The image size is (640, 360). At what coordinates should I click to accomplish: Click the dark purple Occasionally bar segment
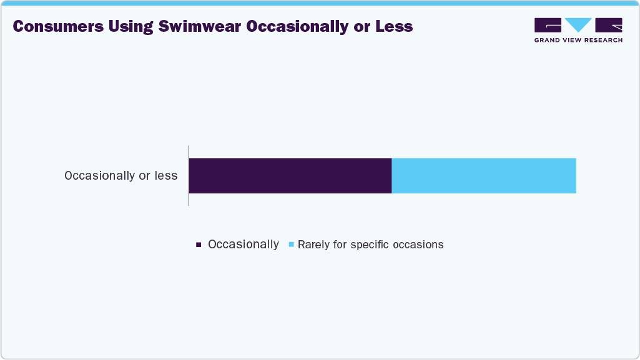(290, 175)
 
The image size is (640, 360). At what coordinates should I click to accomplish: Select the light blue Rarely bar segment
(483, 175)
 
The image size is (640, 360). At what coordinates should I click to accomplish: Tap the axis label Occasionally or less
(121, 176)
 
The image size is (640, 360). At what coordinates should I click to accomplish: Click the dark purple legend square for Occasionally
(199, 245)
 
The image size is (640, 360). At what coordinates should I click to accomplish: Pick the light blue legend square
(290, 245)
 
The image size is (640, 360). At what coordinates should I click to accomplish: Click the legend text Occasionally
(243, 245)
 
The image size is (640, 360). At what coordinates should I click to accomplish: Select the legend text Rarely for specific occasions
(370, 245)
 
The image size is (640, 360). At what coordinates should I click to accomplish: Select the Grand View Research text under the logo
(578, 40)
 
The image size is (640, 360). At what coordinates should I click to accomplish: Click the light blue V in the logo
(578, 25)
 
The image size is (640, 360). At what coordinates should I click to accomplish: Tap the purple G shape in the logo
(548, 25)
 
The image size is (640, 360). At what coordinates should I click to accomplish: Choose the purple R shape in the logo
(609, 25)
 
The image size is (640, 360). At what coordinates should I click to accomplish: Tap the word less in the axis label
(166, 176)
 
